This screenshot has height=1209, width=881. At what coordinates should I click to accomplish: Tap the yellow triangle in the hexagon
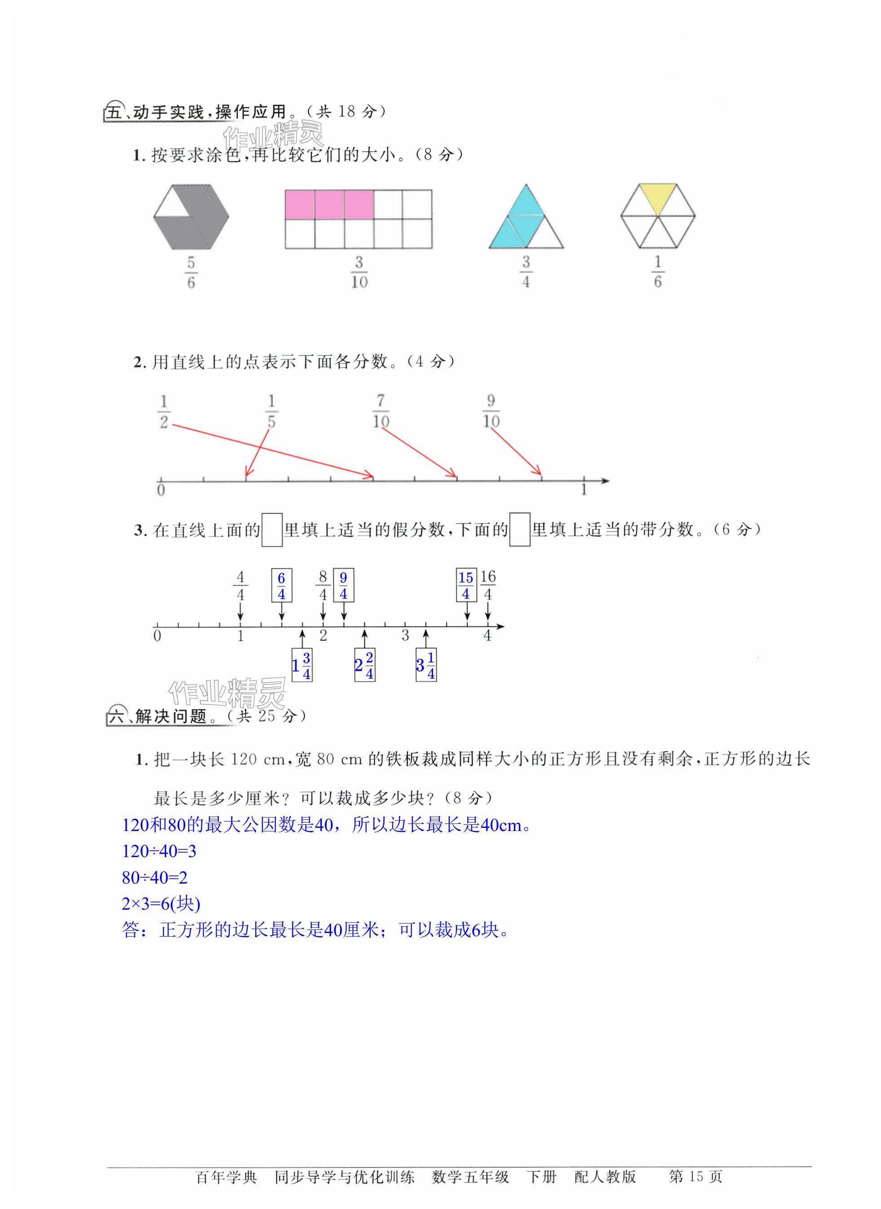pos(658,197)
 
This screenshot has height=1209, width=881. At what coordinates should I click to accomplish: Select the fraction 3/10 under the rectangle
pos(359,272)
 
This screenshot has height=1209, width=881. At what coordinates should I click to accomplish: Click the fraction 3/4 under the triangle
pos(526,272)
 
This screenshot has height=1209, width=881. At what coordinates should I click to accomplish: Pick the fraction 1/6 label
pos(658,272)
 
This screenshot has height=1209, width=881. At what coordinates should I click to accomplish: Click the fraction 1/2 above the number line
pos(164,412)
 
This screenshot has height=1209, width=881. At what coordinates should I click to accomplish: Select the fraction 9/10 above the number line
pos(491,411)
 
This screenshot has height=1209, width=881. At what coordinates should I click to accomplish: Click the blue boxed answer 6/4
pos(282,586)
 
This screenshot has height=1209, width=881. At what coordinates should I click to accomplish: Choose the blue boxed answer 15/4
pos(466,585)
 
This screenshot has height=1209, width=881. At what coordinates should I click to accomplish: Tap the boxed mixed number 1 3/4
pos(302,665)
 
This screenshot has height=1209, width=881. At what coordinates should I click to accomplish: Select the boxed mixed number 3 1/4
pos(426,665)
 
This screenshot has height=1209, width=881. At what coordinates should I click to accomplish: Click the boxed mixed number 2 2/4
pos(364,665)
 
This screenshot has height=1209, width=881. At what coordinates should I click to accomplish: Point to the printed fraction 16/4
pos(488,585)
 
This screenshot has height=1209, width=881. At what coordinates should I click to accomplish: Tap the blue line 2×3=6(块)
pos(161,904)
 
